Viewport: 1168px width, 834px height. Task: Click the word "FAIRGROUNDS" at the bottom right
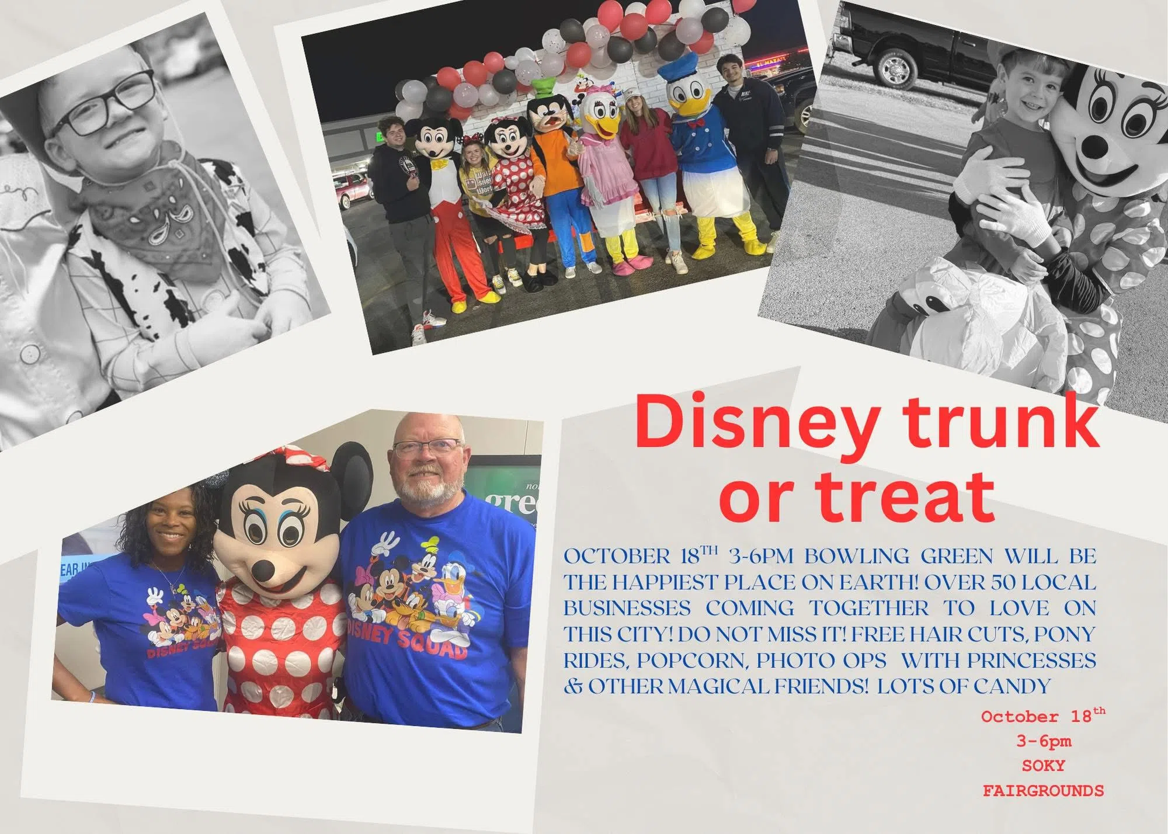click(1043, 791)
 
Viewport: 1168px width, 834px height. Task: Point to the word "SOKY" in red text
click(1044, 766)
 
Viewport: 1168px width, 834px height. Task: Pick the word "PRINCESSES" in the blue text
click(1031, 660)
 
